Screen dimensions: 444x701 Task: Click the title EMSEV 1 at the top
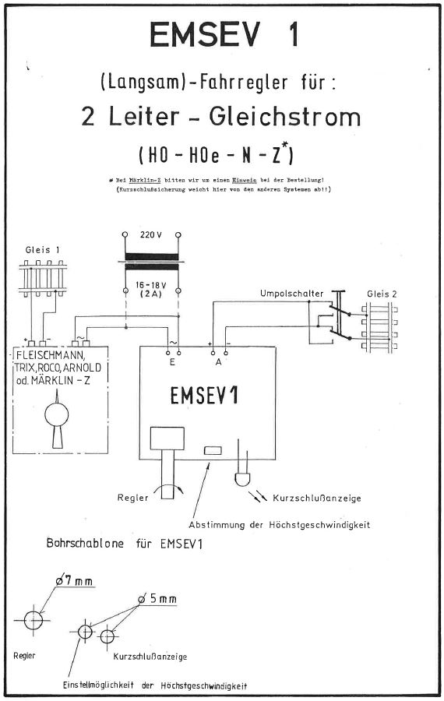224,35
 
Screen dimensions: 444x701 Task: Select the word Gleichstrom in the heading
284,117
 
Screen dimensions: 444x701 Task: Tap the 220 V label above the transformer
151,234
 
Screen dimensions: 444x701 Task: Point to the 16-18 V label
151,285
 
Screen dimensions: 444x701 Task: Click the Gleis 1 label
43,250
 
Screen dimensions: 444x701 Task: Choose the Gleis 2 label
382,294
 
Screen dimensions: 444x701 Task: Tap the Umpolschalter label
291,294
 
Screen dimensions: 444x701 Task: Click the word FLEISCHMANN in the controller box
49,357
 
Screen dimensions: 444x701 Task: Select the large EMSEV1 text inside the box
204,395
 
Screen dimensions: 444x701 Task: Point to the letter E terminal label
172,362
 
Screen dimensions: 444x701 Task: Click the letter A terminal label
219,362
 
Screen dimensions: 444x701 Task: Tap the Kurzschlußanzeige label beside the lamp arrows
316,498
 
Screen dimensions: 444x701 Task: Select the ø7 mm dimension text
74,581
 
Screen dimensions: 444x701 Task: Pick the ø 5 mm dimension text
157,599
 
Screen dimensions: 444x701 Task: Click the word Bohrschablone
86,544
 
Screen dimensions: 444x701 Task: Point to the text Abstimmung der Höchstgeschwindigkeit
279,525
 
